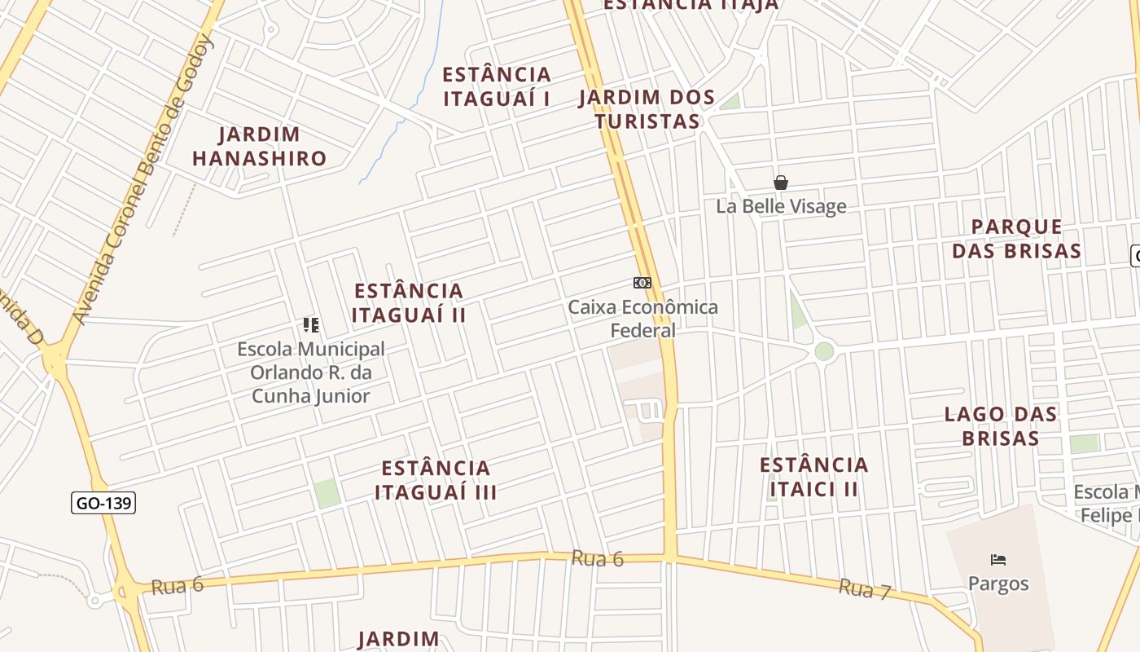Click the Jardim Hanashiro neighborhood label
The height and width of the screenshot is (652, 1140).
pos(259,146)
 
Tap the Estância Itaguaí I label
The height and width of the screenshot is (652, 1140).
pos(496,86)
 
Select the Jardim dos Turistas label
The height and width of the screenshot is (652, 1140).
pos(647,109)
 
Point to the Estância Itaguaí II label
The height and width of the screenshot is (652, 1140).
pos(408,302)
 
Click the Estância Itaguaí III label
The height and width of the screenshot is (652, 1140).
pos(436,479)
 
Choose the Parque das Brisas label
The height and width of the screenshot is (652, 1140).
pos(1016,238)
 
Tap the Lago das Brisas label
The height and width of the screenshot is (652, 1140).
pos(1000,425)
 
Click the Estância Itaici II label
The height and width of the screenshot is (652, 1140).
pos(813,476)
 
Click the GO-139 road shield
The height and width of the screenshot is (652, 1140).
pos(103,503)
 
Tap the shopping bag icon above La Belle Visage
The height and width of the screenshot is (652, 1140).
pos(780,183)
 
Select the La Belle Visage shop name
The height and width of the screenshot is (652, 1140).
pos(781,206)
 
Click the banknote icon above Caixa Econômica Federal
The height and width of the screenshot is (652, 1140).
pos(642,283)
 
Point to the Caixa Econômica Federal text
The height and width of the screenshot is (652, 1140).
pos(642,319)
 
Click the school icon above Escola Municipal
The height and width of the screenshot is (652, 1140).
pos(310,325)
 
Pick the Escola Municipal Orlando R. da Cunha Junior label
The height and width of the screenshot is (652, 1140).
pos(310,372)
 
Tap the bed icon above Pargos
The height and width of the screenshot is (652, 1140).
pos(998,560)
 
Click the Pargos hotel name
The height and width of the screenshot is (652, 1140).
pos(998,584)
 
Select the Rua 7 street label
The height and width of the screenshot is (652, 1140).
pos(865,588)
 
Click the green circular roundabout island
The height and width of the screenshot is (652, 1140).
pos(824,351)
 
